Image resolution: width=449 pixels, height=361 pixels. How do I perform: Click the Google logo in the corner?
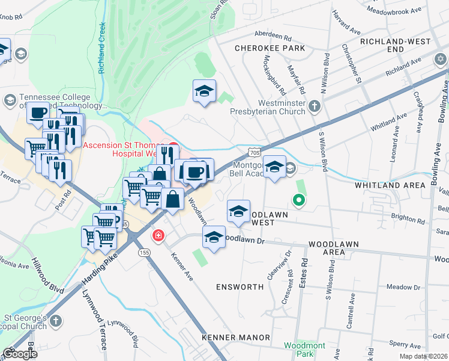point(20,354)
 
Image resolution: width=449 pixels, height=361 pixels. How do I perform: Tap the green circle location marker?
point(297,200)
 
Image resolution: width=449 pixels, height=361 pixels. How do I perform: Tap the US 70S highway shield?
point(256,152)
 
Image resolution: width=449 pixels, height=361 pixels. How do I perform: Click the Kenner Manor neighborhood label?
point(236,338)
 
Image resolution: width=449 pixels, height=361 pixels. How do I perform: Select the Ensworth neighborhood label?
point(240,287)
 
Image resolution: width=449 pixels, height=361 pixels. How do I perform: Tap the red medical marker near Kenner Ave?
point(158,235)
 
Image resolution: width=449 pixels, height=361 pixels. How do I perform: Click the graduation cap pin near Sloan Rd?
point(204,91)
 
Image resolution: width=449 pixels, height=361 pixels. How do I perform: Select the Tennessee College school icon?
point(9,100)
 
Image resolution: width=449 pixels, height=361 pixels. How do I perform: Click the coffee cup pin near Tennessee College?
point(38,113)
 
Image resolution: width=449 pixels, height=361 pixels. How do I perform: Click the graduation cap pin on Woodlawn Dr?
point(214,238)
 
